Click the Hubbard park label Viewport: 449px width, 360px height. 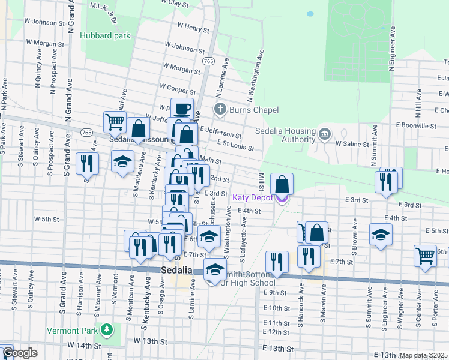point(105,35)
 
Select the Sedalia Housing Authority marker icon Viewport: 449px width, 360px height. point(325,133)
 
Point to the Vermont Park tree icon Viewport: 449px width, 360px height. point(107,329)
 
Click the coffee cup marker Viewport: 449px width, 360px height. point(182,109)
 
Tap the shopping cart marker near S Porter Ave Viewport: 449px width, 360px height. point(425,255)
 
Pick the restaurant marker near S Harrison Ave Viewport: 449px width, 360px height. point(88,163)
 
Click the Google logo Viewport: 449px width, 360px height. point(20,353)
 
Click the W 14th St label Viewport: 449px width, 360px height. point(84,346)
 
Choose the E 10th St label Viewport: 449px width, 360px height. point(277,308)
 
